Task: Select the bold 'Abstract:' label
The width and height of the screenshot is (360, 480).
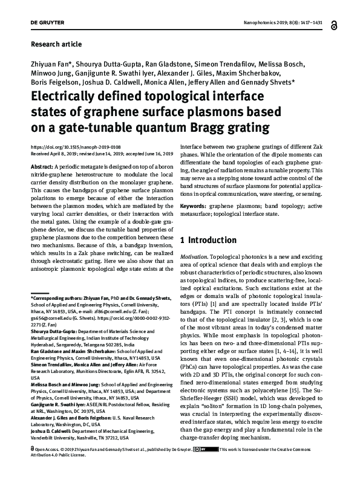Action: (x=41, y=166)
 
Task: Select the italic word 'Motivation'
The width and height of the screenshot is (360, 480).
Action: (x=195, y=257)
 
